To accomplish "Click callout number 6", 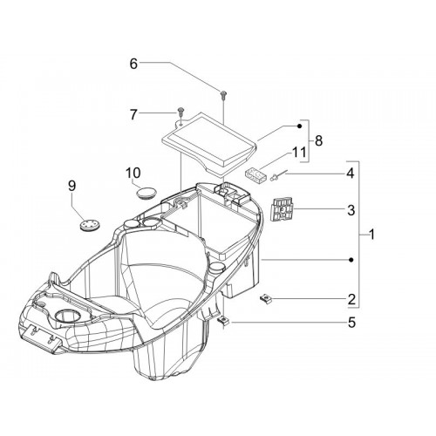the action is pyautogui.click(x=133, y=64).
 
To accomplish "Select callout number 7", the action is pyautogui.click(x=133, y=114).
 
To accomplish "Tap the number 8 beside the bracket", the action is pyautogui.click(x=318, y=140).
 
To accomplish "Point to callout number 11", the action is pyautogui.click(x=299, y=152).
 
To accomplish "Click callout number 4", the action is pyautogui.click(x=351, y=174).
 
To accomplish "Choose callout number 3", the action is pyautogui.click(x=351, y=210).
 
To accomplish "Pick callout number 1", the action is pyautogui.click(x=371, y=234).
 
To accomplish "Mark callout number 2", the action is pyautogui.click(x=351, y=299).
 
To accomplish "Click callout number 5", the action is pyautogui.click(x=351, y=323).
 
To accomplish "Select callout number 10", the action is pyautogui.click(x=133, y=173).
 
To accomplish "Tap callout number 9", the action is pyautogui.click(x=72, y=186).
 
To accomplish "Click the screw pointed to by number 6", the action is pyautogui.click(x=223, y=96).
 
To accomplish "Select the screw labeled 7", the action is pyautogui.click(x=181, y=112).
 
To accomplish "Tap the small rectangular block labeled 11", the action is pyautogui.click(x=255, y=175).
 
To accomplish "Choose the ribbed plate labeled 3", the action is pyautogui.click(x=282, y=209).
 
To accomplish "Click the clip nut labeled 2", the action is pyautogui.click(x=265, y=298).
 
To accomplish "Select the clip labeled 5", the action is pyautogui.click(x=224, y=321).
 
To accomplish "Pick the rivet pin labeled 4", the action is pyautogui.click(x=279, y=175).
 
